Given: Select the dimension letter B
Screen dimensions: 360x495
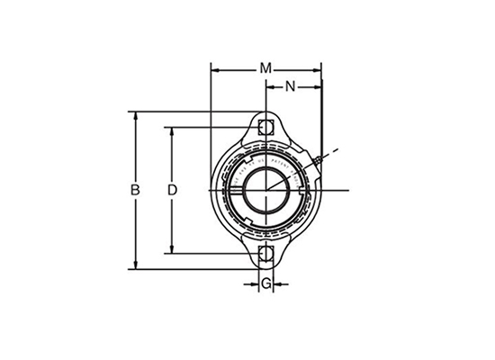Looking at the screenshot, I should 134,190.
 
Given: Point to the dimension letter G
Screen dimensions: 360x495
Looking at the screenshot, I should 266,283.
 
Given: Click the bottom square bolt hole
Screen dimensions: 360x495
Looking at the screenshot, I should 265,255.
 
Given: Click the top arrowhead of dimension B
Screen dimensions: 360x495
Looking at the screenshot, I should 134,115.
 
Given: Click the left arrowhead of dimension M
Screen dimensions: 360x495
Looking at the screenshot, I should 214,68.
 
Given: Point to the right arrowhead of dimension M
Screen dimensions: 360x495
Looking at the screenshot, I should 318,68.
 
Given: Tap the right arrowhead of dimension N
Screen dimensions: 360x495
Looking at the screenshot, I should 318,86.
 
